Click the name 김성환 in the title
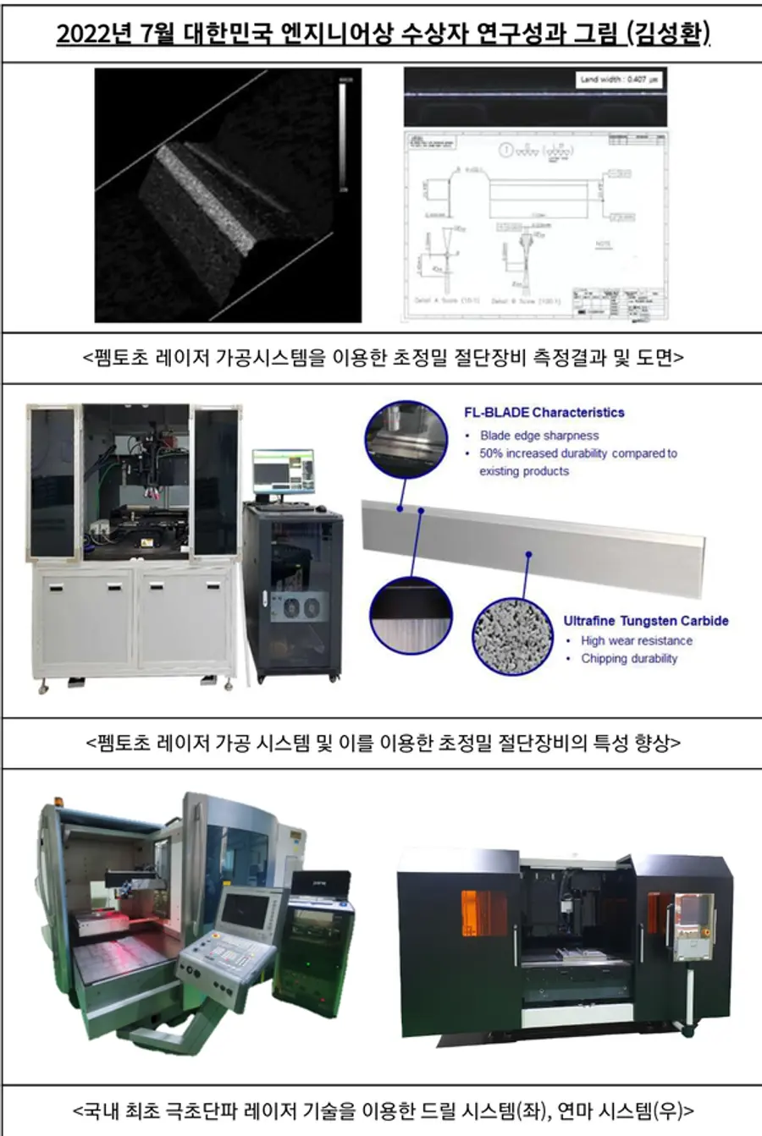pos(668,34)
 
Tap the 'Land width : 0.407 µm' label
pos(619,80)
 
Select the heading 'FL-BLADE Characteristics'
pos(544,413)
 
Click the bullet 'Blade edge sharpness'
pos(538,436)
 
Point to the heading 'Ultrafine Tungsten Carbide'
pos(645,621)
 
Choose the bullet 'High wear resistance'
pos(636,641)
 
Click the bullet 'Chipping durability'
pos(628,659)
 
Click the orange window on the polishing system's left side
pos(483,914)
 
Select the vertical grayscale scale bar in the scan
pos(343,134)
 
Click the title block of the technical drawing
pos(619,301)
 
